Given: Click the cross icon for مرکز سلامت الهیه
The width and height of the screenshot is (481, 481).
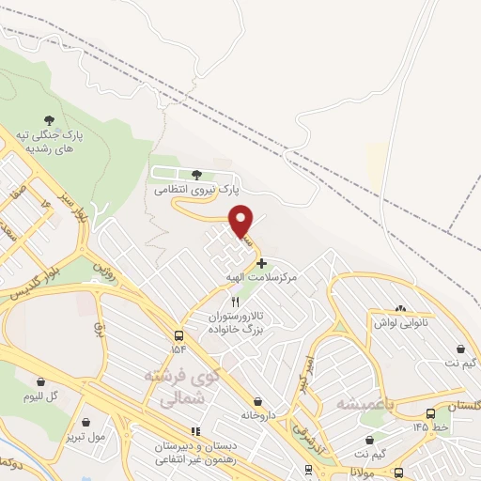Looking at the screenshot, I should (261, 264).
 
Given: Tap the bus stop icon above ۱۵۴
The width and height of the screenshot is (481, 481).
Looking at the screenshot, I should (178, 335).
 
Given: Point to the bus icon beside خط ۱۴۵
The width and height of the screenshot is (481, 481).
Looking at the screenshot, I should (430, 412).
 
